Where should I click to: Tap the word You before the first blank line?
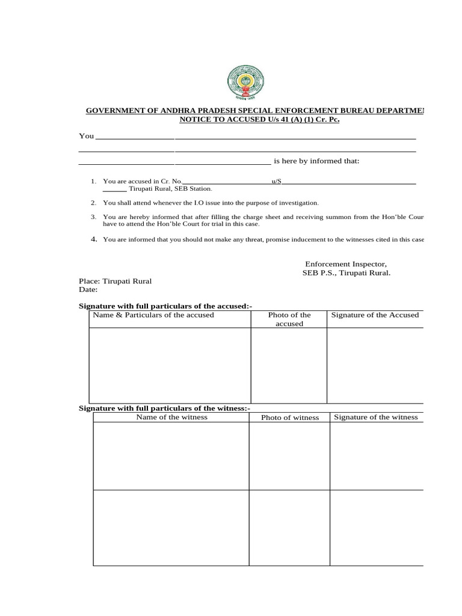tap(87, 136)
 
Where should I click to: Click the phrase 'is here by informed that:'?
tap(316, 161)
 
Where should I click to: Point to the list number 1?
tap(93, 181)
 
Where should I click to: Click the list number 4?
tap(94, 239)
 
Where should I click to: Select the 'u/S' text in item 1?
tap(277, 181)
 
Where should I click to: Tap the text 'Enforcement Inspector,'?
tap(345, 264)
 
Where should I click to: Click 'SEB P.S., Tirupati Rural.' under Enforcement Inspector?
tap(346, 273)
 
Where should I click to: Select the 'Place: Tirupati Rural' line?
tap(115, 281)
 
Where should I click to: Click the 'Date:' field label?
tap(88, 289)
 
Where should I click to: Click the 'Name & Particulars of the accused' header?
tap(153, 315)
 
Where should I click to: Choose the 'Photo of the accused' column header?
tap(289, 319)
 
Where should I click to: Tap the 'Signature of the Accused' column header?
tap(375, 315)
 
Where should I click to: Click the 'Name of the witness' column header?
tap(171, 417)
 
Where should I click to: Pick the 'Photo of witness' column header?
tap(290, 417)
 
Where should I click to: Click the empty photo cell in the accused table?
tap(289, 365)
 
